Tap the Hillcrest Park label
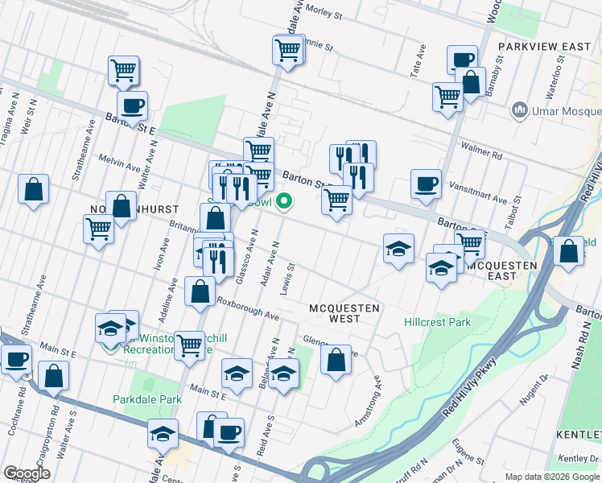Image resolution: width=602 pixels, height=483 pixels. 437,323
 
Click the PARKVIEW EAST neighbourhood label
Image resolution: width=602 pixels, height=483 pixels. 544,47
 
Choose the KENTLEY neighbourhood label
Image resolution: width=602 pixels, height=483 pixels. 578,435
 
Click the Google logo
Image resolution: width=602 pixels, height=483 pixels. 27,473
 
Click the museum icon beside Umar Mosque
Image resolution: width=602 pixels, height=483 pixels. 520,109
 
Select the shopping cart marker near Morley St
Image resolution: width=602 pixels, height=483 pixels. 287,51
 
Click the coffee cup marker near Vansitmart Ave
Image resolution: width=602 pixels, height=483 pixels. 425,184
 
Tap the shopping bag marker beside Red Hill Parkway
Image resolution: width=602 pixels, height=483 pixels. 568,251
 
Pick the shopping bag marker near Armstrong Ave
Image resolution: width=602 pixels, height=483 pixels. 336,359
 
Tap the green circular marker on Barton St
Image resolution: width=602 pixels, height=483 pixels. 283,201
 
